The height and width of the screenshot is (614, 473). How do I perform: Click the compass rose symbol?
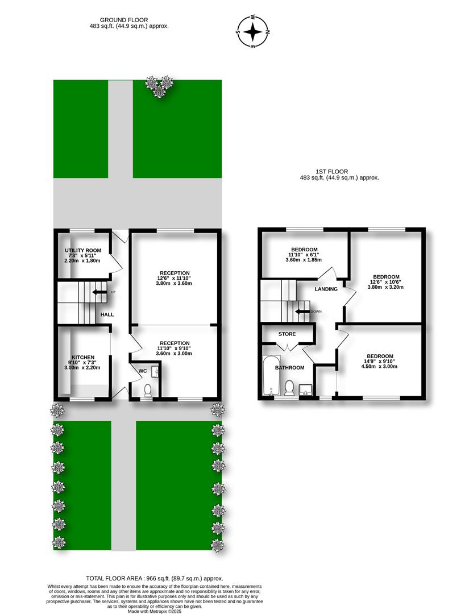point(253,31)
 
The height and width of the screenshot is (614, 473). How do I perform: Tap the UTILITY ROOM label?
point(83,250)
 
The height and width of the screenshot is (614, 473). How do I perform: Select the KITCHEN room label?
point(83,357)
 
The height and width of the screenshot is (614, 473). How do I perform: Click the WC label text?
point(143,371)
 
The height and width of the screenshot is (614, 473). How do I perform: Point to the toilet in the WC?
point(148,391)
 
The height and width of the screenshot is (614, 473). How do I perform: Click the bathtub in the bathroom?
point(271,376)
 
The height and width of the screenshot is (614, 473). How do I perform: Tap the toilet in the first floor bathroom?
point(289,388)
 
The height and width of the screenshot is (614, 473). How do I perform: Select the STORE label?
point(287,334)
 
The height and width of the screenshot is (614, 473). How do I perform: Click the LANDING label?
point(326,289)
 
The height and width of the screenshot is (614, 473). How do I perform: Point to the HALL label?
point(107,314)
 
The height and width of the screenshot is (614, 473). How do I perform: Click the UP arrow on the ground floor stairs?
point(99,292)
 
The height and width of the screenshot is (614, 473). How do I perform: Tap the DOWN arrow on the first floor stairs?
point(302,312)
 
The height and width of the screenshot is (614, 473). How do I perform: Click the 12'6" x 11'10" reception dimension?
point(175,278)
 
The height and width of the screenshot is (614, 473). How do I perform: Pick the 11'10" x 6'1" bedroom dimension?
point(304,255)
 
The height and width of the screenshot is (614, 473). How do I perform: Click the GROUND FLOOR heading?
point(124,19)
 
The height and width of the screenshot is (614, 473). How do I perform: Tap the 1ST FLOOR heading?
point(331,172)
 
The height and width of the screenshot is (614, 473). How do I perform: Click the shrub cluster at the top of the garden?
point(159,86)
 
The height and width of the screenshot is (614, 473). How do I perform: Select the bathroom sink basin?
point(306,390)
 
